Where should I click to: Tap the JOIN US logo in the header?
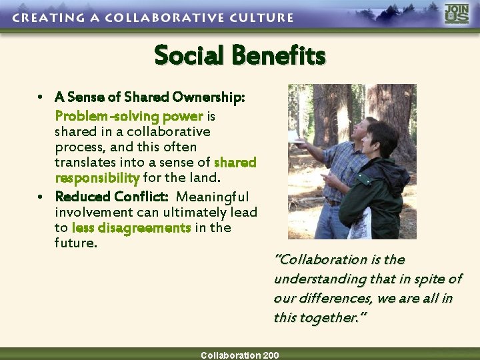point(457,14)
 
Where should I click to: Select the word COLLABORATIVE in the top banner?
point(161,17)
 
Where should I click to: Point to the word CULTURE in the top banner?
point(259,17)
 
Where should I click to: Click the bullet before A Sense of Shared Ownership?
point(41,98)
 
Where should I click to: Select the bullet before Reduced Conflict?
point(41,197)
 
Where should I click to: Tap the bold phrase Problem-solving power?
point(129,116)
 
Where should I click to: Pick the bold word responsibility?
point(97,178)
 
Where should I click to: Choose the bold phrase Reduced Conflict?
point(111,197)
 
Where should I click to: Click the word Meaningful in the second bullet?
point(212,197)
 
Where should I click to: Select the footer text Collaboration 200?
point(240,355)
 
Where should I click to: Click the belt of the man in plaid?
point(333,203)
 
